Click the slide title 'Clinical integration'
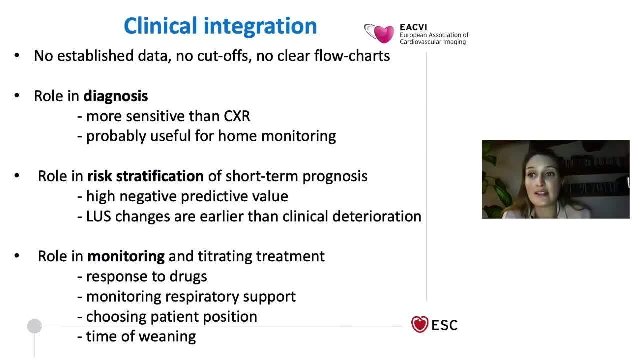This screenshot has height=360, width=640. [220, 26]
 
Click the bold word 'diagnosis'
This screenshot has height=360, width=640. [115, 96]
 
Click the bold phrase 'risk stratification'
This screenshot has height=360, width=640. [145, 176]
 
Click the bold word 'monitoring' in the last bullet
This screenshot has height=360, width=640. [126, 256]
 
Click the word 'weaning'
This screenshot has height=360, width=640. [167, 336]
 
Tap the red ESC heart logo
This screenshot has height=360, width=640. [420, 325]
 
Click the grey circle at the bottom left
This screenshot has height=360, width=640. [34, 326]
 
